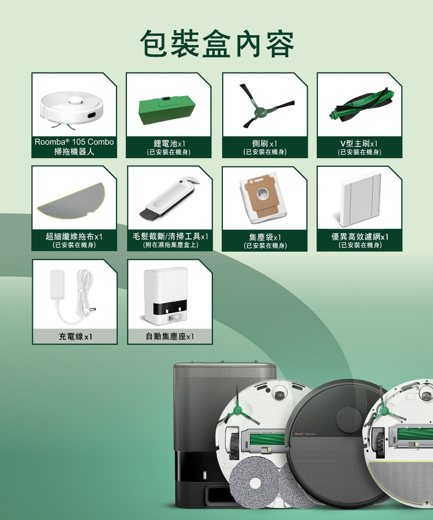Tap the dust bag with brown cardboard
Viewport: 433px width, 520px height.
(262, 197)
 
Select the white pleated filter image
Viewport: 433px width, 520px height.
(361, 198)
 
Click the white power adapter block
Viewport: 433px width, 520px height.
(58, 283)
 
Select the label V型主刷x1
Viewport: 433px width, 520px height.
(359, 143)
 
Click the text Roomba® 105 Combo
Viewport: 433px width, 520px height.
(74, 142)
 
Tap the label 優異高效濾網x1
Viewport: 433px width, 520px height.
(359, 237)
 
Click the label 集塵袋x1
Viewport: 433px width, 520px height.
(265, 237)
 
